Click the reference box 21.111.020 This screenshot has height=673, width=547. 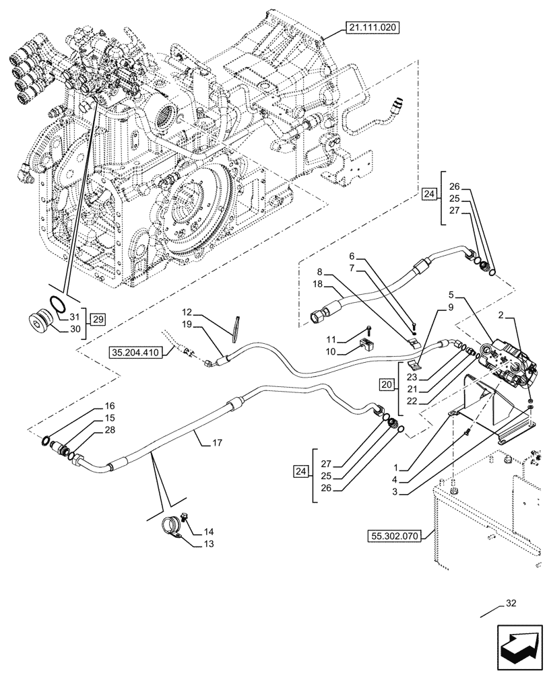click(373, 28)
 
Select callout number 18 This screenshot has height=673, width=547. click(317, 285)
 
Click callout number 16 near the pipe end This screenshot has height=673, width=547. click(110, 406)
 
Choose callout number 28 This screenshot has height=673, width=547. click(110, 429)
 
